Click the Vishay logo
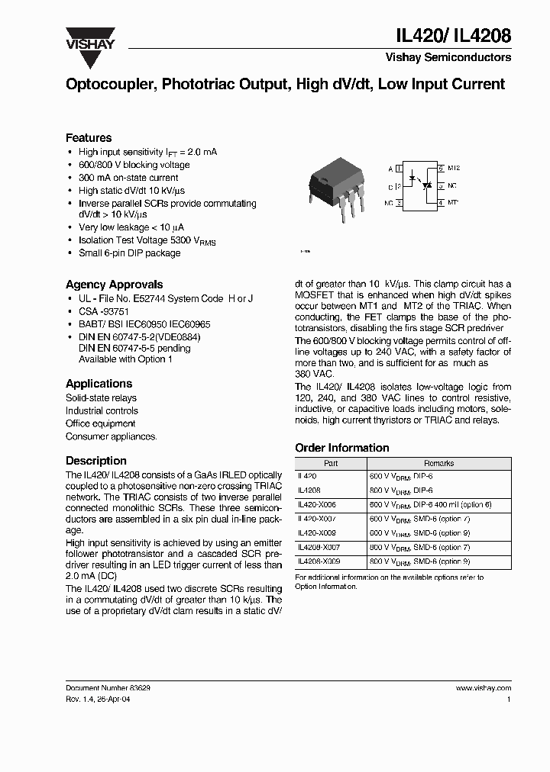coord(89,37)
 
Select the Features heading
coord(89,138)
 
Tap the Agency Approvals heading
coord(114,285)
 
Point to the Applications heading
coord(99,384)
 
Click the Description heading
coord(95,461)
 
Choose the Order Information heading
coord(341,448)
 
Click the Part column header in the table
coord(330,463)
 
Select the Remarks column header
coord(438,463)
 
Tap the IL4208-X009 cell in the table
coord(319,561)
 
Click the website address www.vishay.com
coord(487,688)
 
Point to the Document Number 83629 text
coord(108,688)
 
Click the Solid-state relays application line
coord(101,398)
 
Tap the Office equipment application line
coord(100,423)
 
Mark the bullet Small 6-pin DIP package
coord(129,253)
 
